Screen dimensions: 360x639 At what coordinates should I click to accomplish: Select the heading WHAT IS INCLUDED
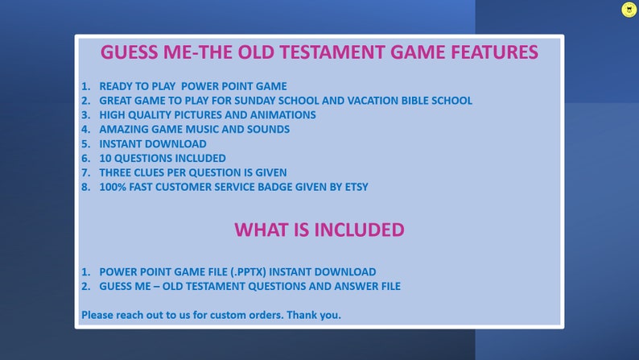click(x=319, y=230)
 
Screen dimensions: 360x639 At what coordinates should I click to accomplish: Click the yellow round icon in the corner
click(x=629, y=10)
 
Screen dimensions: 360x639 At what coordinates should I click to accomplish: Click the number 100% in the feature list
click(x=113, y=187)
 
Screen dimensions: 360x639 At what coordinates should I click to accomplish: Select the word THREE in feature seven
click(x=117, y=172)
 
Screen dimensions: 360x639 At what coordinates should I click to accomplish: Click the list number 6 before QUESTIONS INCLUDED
click(x=85, y=158)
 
